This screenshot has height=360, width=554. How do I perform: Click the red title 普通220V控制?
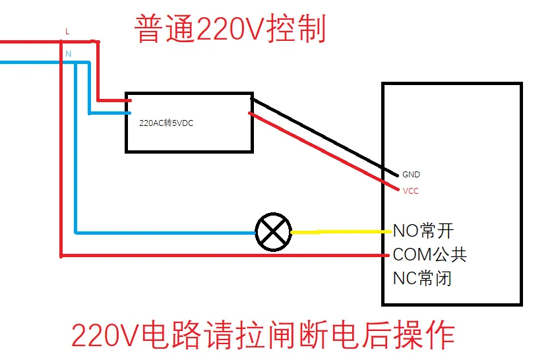coord(230,29)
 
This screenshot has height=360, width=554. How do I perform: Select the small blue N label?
coord(68,54)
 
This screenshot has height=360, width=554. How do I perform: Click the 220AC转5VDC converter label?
coord(166,123)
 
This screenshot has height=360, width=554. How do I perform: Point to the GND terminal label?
coord(410,175)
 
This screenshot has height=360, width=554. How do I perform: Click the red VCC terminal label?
coord(410,191)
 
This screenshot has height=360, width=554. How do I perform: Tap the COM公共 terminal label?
coord(429,255)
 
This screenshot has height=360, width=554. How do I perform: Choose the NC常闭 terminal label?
coord(422,278)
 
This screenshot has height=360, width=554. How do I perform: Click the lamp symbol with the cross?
coord(273,232)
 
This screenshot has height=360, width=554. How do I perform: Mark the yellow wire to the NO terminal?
coord(340,231)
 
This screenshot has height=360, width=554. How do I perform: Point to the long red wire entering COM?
coord(224,255)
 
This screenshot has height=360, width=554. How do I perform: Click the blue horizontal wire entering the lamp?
coord(165,232)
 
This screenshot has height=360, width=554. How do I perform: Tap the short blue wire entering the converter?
coord(109,112)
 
